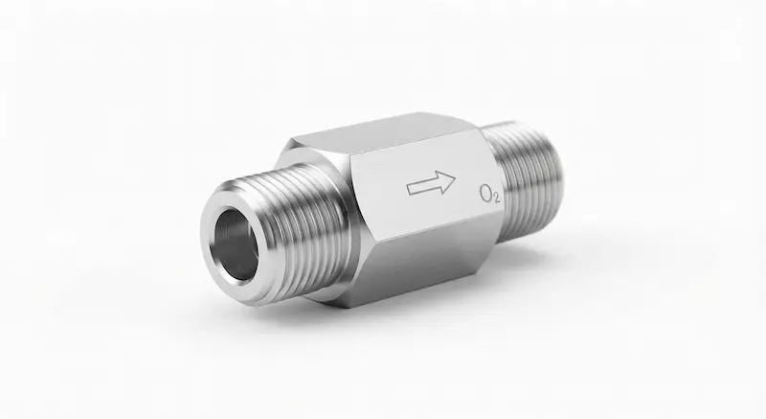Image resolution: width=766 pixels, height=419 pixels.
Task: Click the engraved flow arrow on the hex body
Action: coord(431,183)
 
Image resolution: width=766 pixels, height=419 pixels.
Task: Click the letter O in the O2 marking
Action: coord(486,194)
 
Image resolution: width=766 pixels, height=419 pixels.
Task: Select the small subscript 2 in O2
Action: coord(496,198)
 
